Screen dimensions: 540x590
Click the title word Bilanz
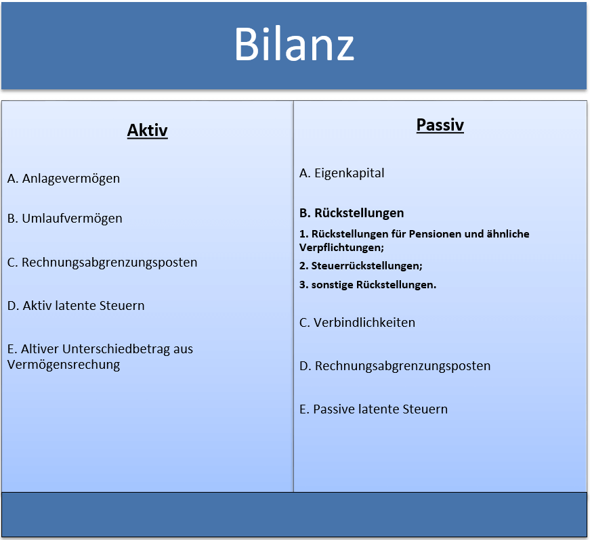(294, 45)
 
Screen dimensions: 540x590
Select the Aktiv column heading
(147, 131)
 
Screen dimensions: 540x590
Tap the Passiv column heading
(440, 125)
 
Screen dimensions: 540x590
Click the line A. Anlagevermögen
(64, 179)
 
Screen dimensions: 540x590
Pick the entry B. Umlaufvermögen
(65, 219)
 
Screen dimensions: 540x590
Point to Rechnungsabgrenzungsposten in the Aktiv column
(109, 263)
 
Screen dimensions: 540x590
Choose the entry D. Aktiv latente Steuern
(76, 306)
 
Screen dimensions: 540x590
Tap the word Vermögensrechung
(64, 365)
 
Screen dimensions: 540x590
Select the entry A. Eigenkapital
(342, 173)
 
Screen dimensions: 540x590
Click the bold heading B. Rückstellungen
(352, 213)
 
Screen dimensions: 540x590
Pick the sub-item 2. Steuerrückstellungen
(361, 266)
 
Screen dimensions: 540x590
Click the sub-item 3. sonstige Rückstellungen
(368, 285)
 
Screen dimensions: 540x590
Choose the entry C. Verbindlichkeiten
(357, 323)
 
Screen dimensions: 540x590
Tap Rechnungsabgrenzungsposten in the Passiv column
(402, 366)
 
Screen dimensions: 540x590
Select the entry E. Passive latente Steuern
(373, 409)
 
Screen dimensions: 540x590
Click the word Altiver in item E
(40, 349)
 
